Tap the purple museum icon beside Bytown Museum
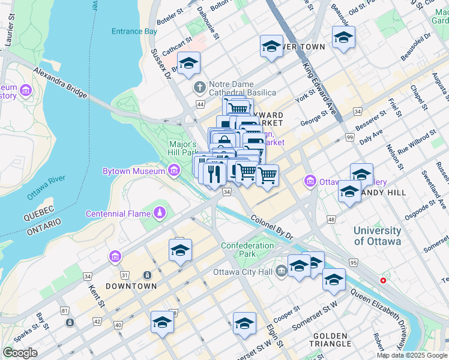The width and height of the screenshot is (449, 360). (174, 172)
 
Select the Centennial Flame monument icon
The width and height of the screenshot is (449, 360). (160, 214)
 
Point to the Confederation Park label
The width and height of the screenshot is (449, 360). (247, 250)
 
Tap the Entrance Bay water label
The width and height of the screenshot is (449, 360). (134, 31)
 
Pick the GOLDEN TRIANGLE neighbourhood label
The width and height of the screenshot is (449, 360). (331, 340)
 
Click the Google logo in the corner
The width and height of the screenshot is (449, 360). (20, 353)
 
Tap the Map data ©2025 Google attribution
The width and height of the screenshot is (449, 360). (412, 355)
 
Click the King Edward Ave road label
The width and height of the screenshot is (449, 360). (319, 89)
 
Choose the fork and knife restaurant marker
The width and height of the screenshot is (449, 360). (214, 173)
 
